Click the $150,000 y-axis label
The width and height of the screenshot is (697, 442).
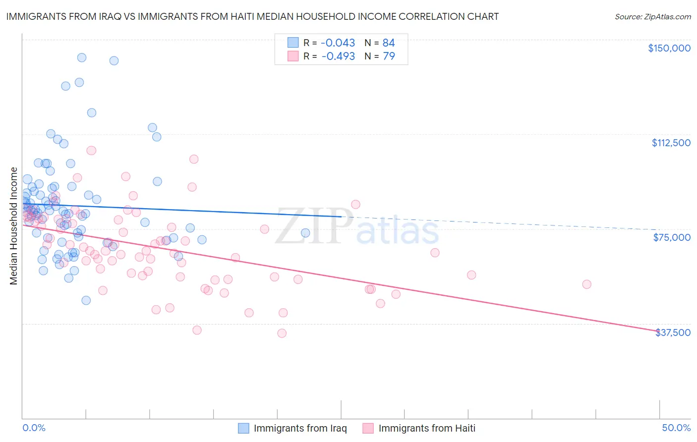669,48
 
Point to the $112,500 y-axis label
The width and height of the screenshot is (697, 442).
671,143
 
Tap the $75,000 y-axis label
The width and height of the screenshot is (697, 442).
672,237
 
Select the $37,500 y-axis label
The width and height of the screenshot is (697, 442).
673,332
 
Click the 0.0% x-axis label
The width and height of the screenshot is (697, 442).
34,428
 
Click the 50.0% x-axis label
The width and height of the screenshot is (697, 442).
676,428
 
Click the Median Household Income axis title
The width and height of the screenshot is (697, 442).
14,226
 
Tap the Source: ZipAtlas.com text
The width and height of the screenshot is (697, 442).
652,16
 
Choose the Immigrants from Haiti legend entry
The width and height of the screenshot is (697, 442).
419,428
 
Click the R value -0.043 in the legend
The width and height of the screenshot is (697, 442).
338,43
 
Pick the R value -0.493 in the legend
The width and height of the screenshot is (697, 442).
338,56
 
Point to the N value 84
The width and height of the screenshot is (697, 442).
389,43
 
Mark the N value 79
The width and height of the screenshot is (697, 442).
389,56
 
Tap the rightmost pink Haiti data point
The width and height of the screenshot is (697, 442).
586,284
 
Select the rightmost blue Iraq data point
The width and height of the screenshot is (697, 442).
305,233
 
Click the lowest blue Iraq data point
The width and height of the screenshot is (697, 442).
86,300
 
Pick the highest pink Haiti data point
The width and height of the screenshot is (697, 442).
91,150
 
